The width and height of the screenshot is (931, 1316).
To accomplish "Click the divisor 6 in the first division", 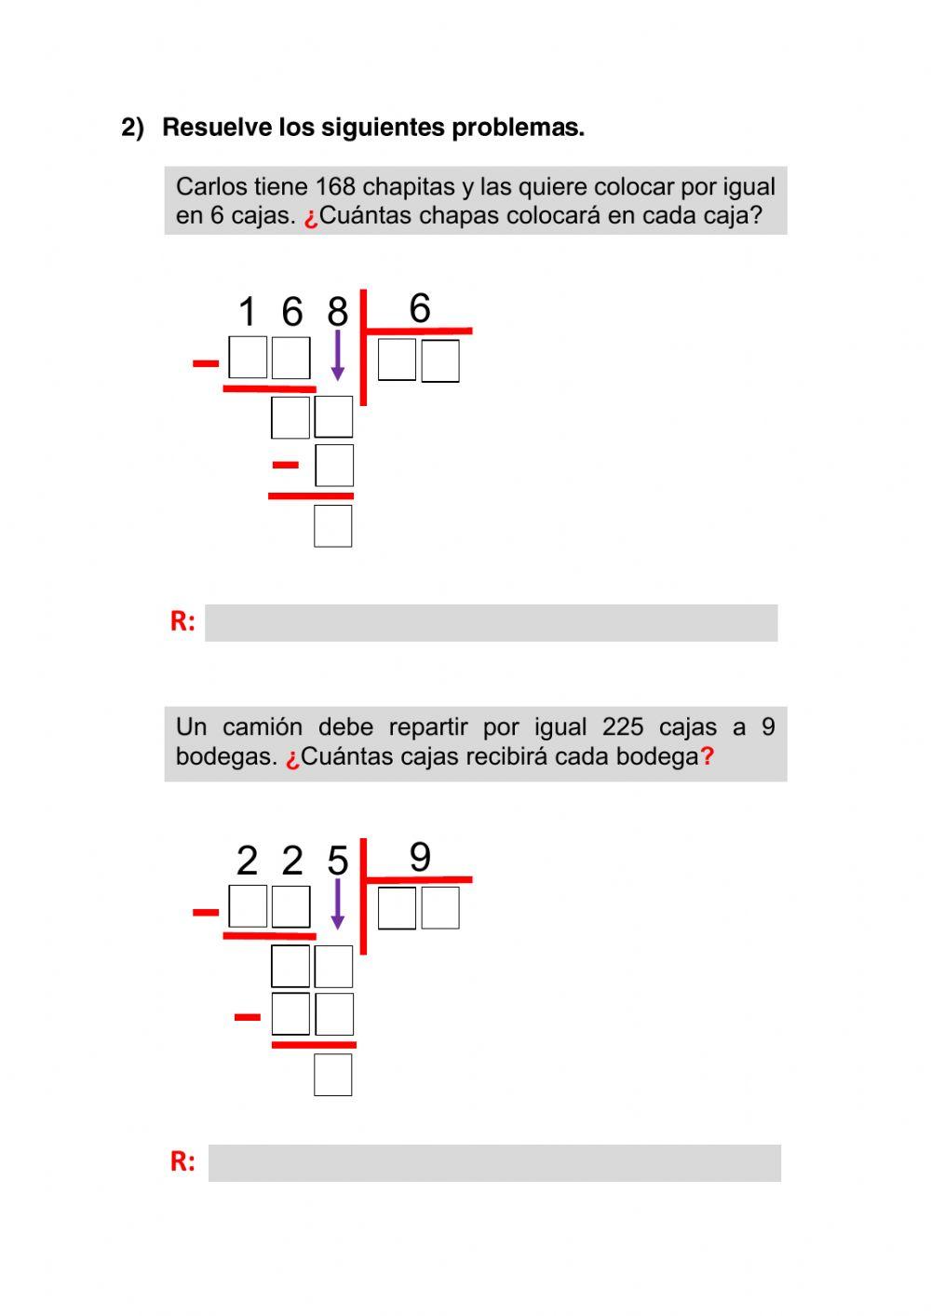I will click(420, 308).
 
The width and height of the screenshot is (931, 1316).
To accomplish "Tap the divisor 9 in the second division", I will click(420, 857).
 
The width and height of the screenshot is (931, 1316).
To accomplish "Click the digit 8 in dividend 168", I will click(337, 312).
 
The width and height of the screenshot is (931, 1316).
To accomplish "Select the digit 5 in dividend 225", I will click(337, 861).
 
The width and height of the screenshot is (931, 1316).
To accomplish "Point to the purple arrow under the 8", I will click(337, 354).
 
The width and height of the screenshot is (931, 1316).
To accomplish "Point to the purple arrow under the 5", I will click(337, 902).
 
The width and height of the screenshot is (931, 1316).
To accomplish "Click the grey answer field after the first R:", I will click(491, 623).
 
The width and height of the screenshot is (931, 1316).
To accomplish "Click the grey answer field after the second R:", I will click(493, 1163).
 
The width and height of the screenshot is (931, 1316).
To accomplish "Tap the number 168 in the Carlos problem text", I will click(335, 187).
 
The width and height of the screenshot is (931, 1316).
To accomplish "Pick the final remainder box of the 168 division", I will click(333, 526).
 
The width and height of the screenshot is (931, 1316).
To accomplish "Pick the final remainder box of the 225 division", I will click(333, 1075).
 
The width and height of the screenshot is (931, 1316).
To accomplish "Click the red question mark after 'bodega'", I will click(708, 756).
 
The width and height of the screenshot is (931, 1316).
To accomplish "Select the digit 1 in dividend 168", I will click(247, 312).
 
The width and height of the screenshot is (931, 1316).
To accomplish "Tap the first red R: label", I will click(182, 622).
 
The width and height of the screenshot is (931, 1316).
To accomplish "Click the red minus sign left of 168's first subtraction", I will click(205, 363).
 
